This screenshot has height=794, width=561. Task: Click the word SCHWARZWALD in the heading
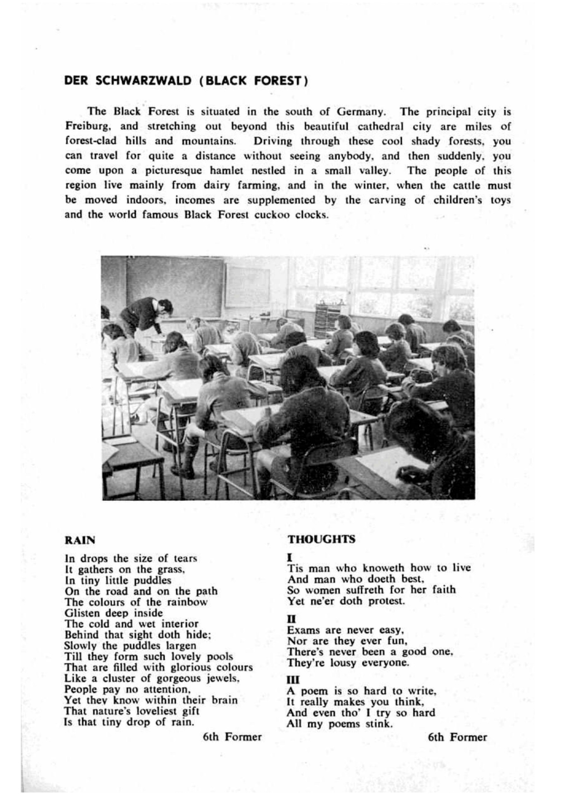click(x=144, y=81)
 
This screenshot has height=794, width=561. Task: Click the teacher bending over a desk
click(x=146, y=313)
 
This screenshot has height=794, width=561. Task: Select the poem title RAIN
click(x=80, y=540)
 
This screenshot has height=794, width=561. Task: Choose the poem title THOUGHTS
click(x=321, y=539)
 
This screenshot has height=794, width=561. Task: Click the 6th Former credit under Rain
click(x=232, y=737)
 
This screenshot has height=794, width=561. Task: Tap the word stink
click(x=378, y=724)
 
